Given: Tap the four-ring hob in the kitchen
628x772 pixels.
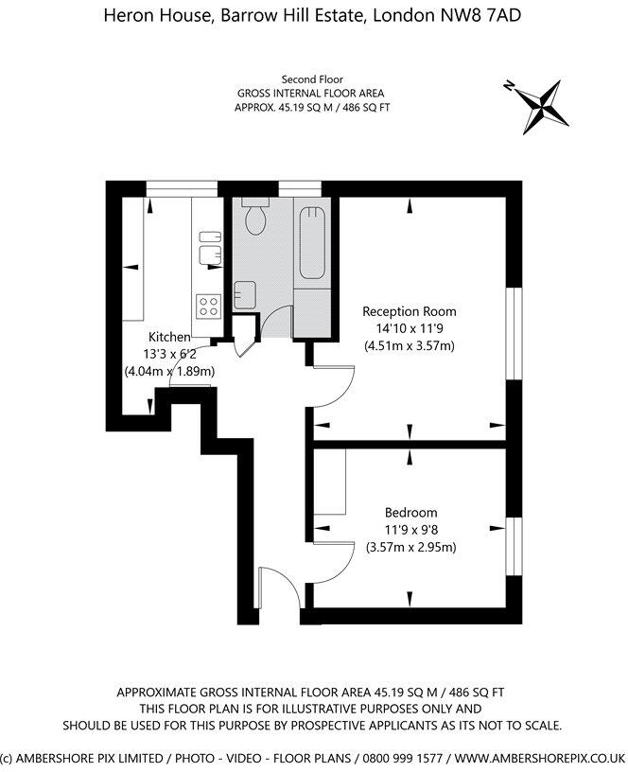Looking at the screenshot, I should [207, 306].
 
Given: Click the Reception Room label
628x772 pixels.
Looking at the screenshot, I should [410, 311].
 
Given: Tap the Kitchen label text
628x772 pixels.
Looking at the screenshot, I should [169, 337].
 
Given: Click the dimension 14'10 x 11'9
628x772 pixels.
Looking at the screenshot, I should [410, 328].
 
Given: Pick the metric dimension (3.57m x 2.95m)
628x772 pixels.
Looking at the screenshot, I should [410, 547].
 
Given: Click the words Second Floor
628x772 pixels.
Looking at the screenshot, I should [311, 79].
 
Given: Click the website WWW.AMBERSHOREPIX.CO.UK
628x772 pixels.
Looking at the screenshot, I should [540, 757].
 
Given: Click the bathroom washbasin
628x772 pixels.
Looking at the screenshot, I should [244, 293].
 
